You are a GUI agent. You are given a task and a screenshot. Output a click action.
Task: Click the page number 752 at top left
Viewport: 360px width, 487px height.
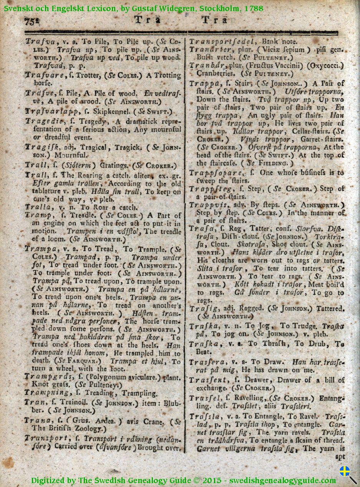point(32,21)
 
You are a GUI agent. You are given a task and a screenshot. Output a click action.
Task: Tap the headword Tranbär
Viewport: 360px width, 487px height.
point(206,65)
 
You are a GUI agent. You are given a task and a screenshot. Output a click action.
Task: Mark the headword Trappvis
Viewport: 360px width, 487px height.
point(208,205)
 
